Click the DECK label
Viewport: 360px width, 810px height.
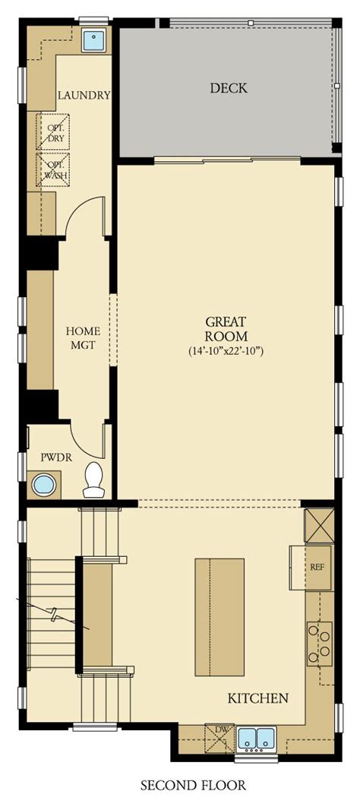tap(229, 88)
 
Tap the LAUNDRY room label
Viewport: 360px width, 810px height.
tap(84, 95)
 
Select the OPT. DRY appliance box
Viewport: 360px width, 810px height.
tap(52, 132)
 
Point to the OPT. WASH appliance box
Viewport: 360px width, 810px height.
tap(52, 169)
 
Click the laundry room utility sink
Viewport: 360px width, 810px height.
tap(94, 40)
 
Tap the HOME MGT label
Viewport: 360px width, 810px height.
tap(83, 338)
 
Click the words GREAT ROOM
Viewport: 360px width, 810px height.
tap(226, 328)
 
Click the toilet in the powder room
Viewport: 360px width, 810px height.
tap(93, 479)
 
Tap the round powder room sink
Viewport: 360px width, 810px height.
tap(44, 485)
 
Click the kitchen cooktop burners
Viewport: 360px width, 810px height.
tap(321, 643)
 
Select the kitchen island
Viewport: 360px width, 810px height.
tap(219, 616)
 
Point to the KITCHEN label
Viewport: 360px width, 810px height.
tap(257, 698)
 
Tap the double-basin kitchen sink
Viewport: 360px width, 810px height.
tap(257, 739)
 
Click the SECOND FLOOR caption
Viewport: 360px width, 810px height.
tap(193, 785)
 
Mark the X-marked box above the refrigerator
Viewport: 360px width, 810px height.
tap(319, 525)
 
